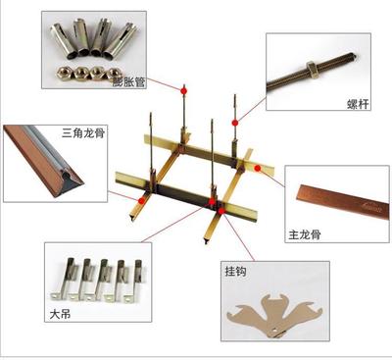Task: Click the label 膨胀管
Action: coord(128,81)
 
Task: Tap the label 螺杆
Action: coord(358,104)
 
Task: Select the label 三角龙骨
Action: coord(83,133)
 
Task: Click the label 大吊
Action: coord(60,314)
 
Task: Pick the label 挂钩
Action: coord(235,272)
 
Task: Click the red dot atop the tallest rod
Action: coord(184,90)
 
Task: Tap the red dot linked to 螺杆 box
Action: coord(235,123)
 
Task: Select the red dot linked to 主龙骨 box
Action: coord(258,169)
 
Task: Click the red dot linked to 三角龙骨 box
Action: coord(141,201)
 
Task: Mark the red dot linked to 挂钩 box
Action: coord(221,211)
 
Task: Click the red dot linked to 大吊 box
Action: coord(212,201)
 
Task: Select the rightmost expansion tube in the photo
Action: coord(121,40)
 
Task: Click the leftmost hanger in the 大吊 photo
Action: coord(64,280)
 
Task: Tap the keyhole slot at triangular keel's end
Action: coord(67,176)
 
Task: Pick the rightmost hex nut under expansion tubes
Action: coord(114,73)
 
